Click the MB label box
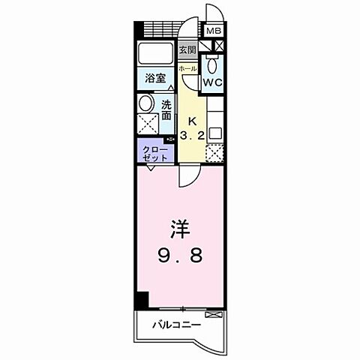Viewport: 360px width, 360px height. pyautogui.click(x=214, y=31)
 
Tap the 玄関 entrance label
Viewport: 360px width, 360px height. pyautogui.click(x=187, y=51)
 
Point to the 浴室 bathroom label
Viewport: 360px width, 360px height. pyautogui.click(x=154, y=77)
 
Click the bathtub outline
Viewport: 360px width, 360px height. pyautogui.click(x=156, y=55)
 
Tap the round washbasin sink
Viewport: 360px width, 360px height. pyautogui.click(x=146, y=104)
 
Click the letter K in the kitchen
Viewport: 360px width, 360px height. pyautogui.click(x=191, y=121)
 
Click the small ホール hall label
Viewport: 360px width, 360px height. pyautogui.click(x=187, y=68)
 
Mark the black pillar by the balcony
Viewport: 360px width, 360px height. pyautogui.click(x=141, y=300)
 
